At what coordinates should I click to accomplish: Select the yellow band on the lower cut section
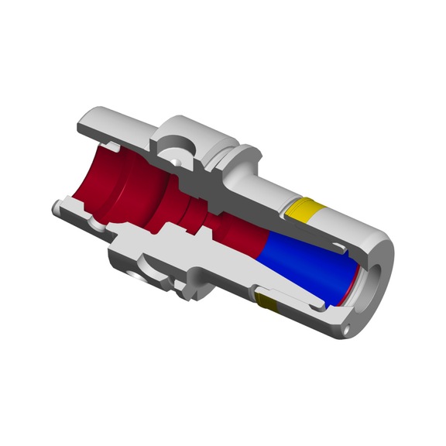point(267,301)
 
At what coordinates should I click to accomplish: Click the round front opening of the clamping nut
point(372,271)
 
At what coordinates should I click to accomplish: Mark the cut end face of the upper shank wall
point(85,123)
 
